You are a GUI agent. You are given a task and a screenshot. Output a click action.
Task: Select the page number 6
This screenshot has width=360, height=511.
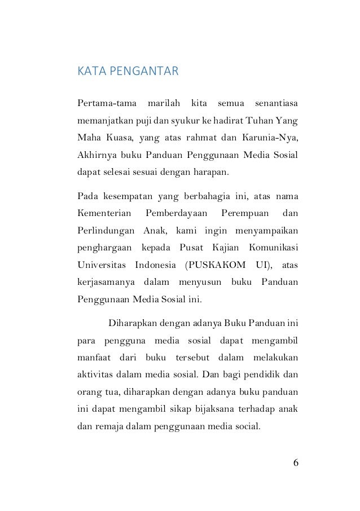point(296,463)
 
